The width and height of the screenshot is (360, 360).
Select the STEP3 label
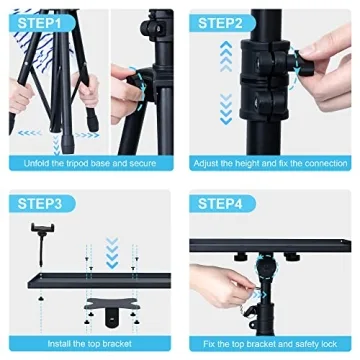pos(40,203)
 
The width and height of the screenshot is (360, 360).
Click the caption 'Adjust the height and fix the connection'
pos(272,160)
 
